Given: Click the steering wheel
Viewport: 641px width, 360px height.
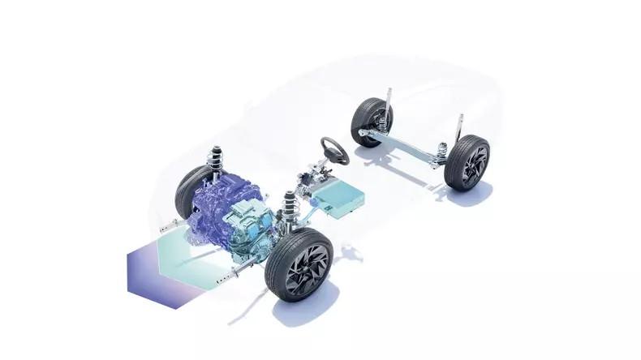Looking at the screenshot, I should (x=333, y=148).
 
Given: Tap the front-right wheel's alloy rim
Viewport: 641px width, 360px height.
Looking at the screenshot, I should (x=308, y=267).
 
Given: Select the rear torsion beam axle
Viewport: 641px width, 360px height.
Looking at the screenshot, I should (x=410, y=145).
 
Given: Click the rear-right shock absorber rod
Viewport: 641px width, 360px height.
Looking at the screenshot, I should (x=460, y=130).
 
